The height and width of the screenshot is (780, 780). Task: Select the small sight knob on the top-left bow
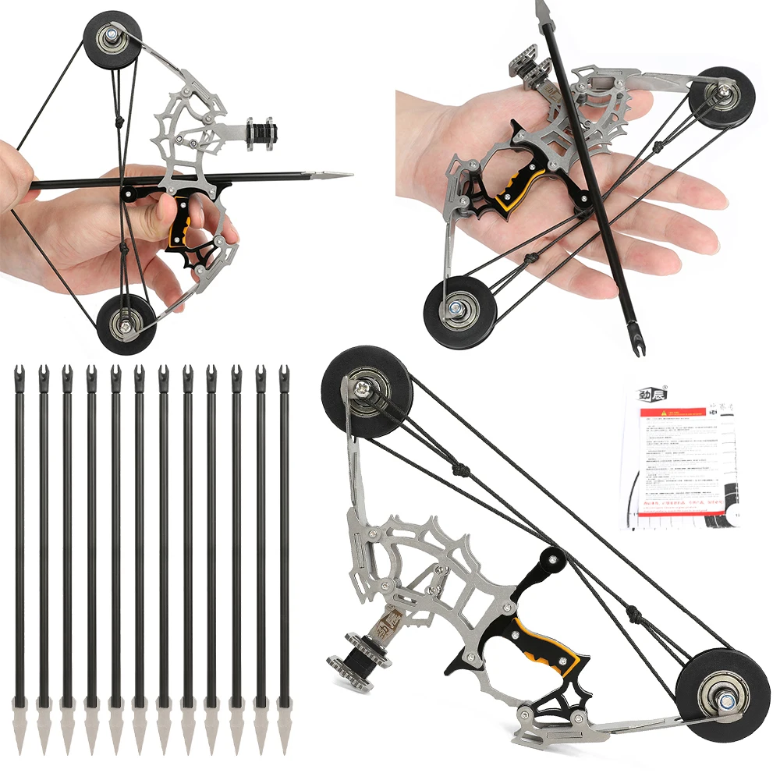coord(260,132)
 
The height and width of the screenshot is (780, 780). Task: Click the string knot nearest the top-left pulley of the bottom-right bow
coord(459,471)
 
